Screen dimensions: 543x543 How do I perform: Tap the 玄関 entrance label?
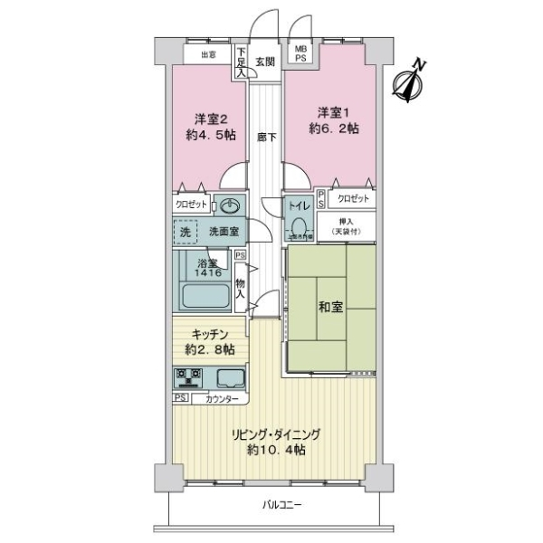click(263, 62)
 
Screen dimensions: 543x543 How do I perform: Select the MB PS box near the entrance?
click(300, 55)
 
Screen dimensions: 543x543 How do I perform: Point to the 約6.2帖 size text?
click(333, 129)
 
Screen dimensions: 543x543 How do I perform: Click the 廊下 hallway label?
click(265, 138)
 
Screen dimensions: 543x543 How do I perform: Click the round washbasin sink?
click(230, 205)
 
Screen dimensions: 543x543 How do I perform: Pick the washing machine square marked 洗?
click(186, 232)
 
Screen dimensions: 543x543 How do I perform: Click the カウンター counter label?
click(221, 399)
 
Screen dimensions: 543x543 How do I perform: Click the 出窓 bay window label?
click(209, 55)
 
